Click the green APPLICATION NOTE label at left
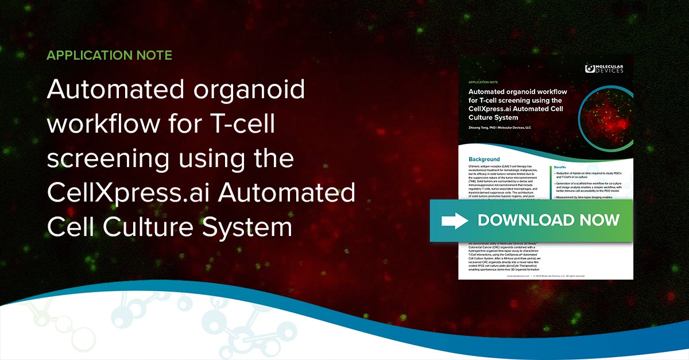[x=109, y=56]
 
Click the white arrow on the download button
[x=454, y=220]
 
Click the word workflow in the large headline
[x=109, y=125]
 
